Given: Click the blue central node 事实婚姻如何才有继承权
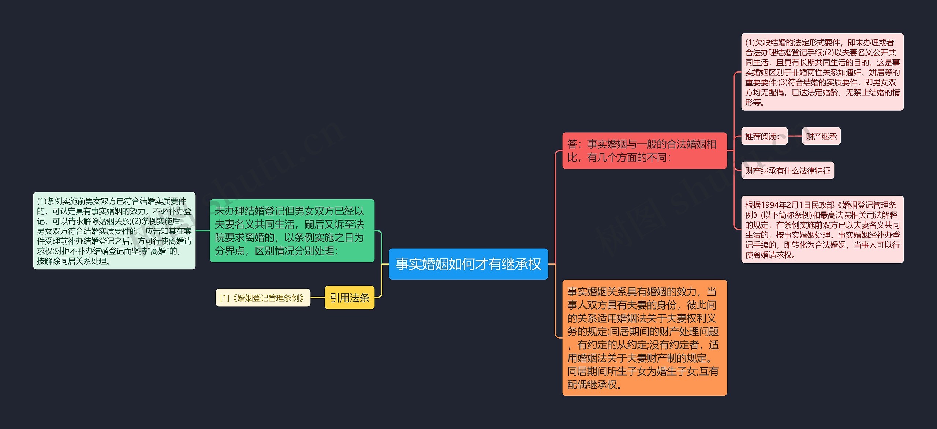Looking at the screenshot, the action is [468, 264].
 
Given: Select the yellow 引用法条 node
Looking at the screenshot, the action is [350, 297].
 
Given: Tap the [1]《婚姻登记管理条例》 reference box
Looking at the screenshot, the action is [263, 297].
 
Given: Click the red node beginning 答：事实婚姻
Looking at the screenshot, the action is [644, 151].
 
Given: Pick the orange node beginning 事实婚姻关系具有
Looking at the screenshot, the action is [644, 337].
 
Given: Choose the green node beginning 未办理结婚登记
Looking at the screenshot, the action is [292, 230].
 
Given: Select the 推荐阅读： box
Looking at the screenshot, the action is [764, 136].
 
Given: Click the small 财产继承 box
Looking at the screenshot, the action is [821, 136].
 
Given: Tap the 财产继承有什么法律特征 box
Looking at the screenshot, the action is [787, 170].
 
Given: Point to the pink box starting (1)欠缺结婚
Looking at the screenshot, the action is [822, 72].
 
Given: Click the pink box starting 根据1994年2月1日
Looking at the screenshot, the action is [822, 229].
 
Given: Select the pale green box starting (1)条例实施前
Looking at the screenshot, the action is [114, 230].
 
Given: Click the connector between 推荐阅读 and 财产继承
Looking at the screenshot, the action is [795, 136].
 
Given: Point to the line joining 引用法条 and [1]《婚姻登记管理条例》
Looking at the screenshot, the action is [317, 297].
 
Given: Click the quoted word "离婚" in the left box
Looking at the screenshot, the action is [159, 251].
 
